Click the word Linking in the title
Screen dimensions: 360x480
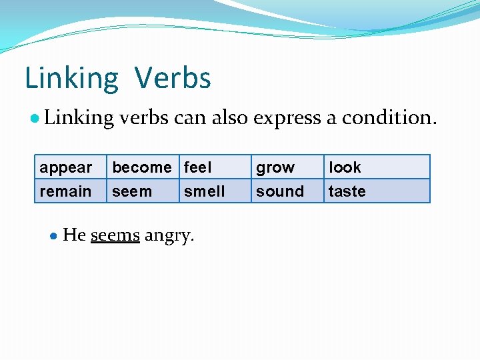(x=71, y=78)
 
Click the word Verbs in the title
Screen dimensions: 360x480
(x=173, y=78)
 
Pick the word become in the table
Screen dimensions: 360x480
(x=141, y=167)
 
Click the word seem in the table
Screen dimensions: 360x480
(x=132, y=191)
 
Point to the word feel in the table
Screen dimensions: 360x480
(x=197, y=167)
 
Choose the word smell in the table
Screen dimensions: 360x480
(x=204, y=191)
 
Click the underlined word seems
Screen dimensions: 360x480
(x=115, y=235)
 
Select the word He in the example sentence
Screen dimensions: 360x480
(x=74, y=235)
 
